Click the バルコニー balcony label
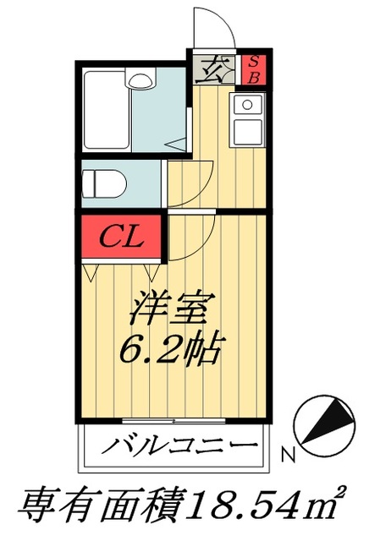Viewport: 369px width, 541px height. (x=179, y=446)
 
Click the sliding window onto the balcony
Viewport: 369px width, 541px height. (x=173, y=419)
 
